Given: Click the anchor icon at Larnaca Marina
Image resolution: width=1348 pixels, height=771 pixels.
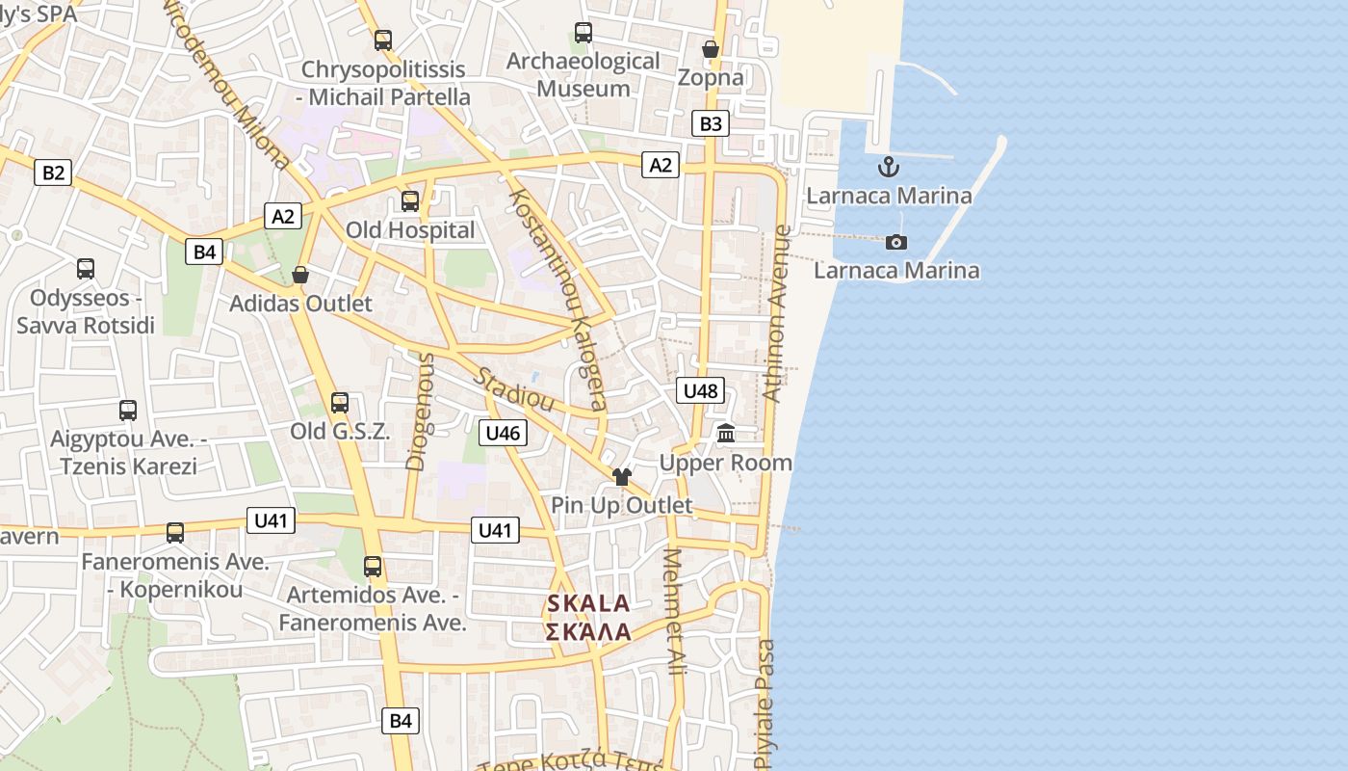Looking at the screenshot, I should [x=888, y=167].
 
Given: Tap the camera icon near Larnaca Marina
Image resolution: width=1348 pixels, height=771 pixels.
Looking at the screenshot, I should [x=896, y=242].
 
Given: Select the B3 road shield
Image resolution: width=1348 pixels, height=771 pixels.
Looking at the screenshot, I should [x=710, y=123].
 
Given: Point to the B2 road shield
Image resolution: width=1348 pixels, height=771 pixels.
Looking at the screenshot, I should [x=53, y=173].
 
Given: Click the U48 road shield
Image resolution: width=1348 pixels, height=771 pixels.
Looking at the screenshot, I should [x=700, y=390].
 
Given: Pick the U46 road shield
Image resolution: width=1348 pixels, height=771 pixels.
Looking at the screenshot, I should [x=503, y=433].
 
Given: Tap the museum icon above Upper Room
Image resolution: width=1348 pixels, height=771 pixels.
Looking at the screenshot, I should [x=726, y=434].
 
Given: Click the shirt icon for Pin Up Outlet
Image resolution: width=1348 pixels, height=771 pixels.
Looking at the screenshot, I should [x=621, y=476].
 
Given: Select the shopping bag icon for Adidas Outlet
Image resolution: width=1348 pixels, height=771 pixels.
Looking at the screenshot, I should [x=300, y=275].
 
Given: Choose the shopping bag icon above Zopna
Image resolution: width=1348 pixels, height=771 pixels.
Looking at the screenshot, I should [x=711, y=48].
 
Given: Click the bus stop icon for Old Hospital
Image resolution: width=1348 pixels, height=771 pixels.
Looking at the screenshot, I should [x=410, y=200].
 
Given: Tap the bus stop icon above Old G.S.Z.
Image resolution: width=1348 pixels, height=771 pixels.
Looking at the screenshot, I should [x=340, y=402].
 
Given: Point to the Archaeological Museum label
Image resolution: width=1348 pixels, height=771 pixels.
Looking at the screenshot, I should [x=583, y=74].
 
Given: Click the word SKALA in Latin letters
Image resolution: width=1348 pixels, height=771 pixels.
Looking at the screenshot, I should [x=588, y=604].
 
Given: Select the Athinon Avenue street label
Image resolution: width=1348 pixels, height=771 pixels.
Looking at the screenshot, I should [x=777, y=313].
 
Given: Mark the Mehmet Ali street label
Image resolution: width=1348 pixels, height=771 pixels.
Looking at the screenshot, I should [x=675, y=611].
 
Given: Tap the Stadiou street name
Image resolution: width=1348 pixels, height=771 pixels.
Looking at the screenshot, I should [x=513, y=388].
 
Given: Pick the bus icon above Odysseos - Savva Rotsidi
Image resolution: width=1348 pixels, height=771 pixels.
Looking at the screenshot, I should [x=86, y=268].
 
